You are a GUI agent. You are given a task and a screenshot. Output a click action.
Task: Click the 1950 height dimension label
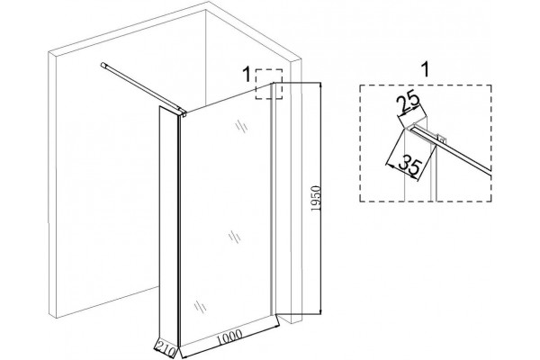(x=316, y=199)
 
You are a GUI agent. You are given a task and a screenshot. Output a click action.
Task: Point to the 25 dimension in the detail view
(x=409, y=102)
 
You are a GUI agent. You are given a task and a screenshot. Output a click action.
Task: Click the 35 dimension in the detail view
(x=409, y=166)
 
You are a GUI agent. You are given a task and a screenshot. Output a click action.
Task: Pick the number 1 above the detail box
(x=426, y=69)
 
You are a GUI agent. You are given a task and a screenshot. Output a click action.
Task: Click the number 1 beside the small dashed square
(x=247, y=75)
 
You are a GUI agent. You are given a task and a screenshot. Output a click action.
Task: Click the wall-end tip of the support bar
(x=103, y=65)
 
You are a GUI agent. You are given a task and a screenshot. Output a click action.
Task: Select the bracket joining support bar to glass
(x=182, y=112)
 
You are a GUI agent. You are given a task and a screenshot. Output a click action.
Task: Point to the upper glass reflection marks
(x=242, y=126)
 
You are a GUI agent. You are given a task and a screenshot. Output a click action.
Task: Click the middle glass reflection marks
(x=235, y=237)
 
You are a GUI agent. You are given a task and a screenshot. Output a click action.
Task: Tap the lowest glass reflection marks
(x=200, y=306)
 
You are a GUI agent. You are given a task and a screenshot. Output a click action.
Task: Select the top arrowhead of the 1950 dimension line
(x=320, y=85)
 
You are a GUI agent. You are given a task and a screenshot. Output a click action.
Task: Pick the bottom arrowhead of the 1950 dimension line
(x=320, y=310)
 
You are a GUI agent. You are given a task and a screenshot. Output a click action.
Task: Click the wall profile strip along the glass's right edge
(x=273, y=198)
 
